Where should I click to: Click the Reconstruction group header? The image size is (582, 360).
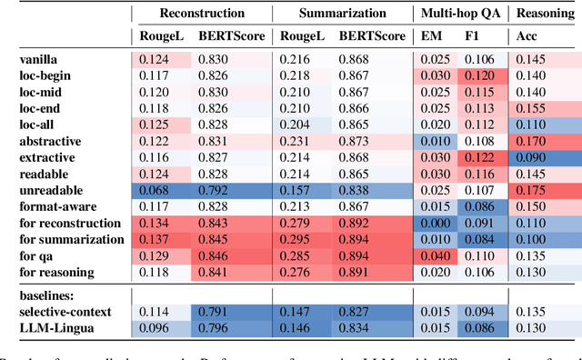point(200,14)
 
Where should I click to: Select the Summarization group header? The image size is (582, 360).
point(336,14)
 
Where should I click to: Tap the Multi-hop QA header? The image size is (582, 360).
point(458,14)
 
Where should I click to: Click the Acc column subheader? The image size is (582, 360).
point(527,37)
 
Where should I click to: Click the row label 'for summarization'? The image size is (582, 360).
point(72,240)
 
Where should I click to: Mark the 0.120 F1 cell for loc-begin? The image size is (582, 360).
point(479,76)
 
